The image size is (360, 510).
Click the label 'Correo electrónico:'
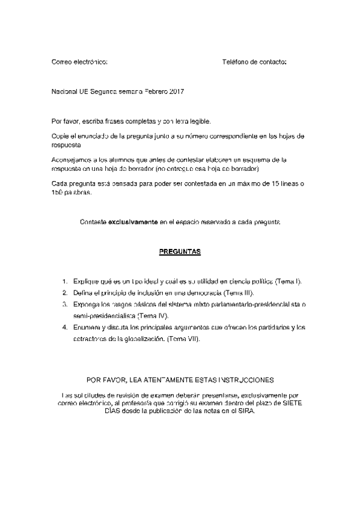pos(80,62)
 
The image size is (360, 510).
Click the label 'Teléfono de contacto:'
pos(254,62)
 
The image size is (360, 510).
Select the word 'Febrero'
pos(155,91)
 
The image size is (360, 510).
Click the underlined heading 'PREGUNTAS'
pos(180,251)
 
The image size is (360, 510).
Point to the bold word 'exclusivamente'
pos(133,222)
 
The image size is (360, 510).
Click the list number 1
pos(65,281)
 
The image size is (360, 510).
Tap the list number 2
pos(65,293)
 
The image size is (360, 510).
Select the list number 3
pos(65,304)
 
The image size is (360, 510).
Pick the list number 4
pos(65,328)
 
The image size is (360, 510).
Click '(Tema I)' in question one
pos(287,281)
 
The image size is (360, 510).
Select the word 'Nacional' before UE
pos(64,91)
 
